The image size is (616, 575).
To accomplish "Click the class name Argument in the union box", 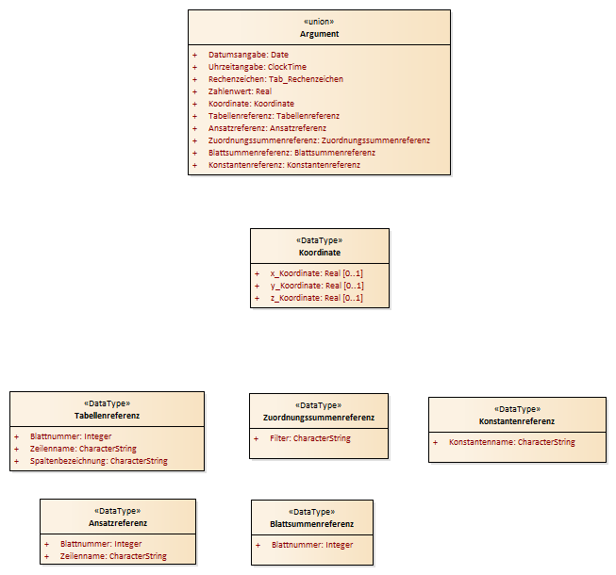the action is pos(319,34).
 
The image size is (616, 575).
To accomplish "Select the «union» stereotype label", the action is pos(319,22).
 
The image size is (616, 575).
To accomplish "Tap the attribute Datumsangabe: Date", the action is pos(248,55).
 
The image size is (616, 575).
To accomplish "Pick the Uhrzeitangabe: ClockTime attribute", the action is pos(258,67).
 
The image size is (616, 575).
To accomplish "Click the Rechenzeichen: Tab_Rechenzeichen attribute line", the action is pos(275,79).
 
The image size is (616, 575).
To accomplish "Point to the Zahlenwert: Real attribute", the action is pos(240,91).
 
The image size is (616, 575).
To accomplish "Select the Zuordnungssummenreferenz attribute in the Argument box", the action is pos(319,140).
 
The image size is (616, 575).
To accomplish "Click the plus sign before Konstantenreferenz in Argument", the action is pos(195,165).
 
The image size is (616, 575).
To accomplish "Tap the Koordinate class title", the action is pos(320,253).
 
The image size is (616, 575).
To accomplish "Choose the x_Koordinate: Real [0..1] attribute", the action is pos(316,273).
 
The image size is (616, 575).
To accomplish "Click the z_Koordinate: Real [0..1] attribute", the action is pos(316,298).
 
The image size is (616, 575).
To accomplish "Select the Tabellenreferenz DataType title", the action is pos(107,416).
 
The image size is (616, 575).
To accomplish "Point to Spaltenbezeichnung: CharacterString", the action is pos(99,461).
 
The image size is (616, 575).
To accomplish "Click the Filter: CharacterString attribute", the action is pos(310,438).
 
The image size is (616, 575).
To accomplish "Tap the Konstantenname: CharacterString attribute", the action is pos(512,442).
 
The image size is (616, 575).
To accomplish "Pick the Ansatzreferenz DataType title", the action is pos(118,523).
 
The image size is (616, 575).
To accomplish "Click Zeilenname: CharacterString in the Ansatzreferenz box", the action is pos(113,556).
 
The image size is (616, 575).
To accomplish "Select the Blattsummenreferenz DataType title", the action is pos(312,524).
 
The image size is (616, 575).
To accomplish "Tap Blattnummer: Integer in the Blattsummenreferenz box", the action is pos(312,545).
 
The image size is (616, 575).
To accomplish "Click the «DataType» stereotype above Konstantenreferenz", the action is pos(517,409).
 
